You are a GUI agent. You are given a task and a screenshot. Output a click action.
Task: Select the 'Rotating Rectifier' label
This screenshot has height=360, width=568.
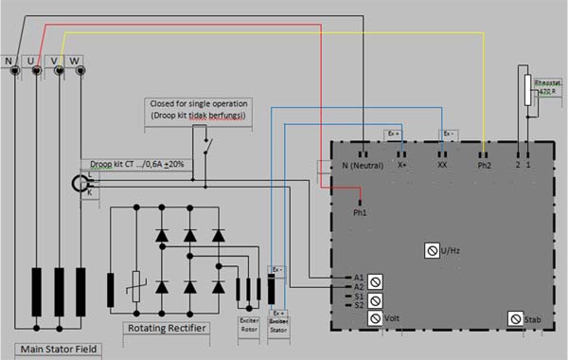(166, 328)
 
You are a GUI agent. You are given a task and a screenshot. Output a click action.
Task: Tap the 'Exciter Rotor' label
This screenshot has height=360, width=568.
(248, 325)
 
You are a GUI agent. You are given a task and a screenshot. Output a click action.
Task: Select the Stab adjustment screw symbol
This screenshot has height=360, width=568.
(515, 318)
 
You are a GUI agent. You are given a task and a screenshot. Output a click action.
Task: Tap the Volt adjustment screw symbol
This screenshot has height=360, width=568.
(375, 318)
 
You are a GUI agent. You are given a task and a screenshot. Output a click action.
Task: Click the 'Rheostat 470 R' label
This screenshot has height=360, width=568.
(548, 91)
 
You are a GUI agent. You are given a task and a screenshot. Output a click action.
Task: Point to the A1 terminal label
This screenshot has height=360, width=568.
(358, 277)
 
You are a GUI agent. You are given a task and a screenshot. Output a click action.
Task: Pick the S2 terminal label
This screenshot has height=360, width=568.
(358, 306)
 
